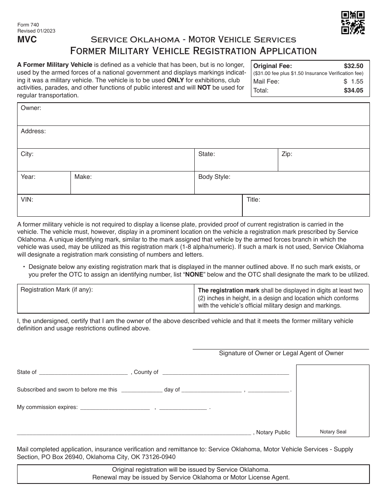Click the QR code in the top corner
(353, 23)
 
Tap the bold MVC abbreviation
(26, 40)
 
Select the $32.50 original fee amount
(353, 66)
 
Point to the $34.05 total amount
(353, 90)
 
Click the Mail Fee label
(266, 81)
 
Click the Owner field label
(31, 108)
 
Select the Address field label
(33, 131)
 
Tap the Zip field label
(287, 154)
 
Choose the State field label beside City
(207, 154)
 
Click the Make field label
(83, 177)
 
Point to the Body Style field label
(214, 177)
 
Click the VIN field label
(27, 200)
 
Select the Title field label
(253, 200)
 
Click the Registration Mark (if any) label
(57, 290)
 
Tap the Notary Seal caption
(333, 432)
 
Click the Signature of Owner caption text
(281, 353)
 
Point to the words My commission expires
(47, 407)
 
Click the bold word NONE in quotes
(194, 275)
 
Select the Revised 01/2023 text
(36, 31)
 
